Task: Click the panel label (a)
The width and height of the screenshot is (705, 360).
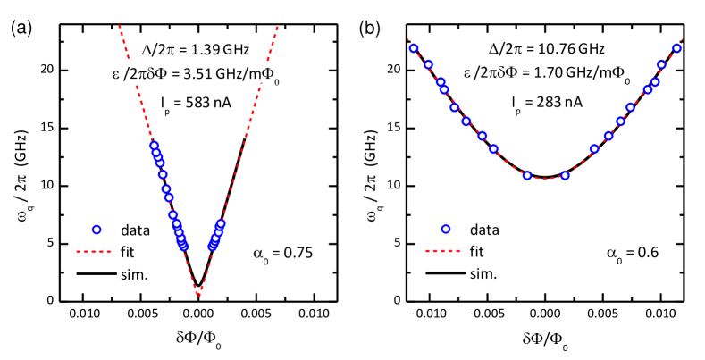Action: [20, 29]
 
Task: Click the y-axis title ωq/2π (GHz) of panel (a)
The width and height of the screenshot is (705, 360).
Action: [21, 164]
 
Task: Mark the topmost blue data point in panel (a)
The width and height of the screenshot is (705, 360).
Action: [154, 146]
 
